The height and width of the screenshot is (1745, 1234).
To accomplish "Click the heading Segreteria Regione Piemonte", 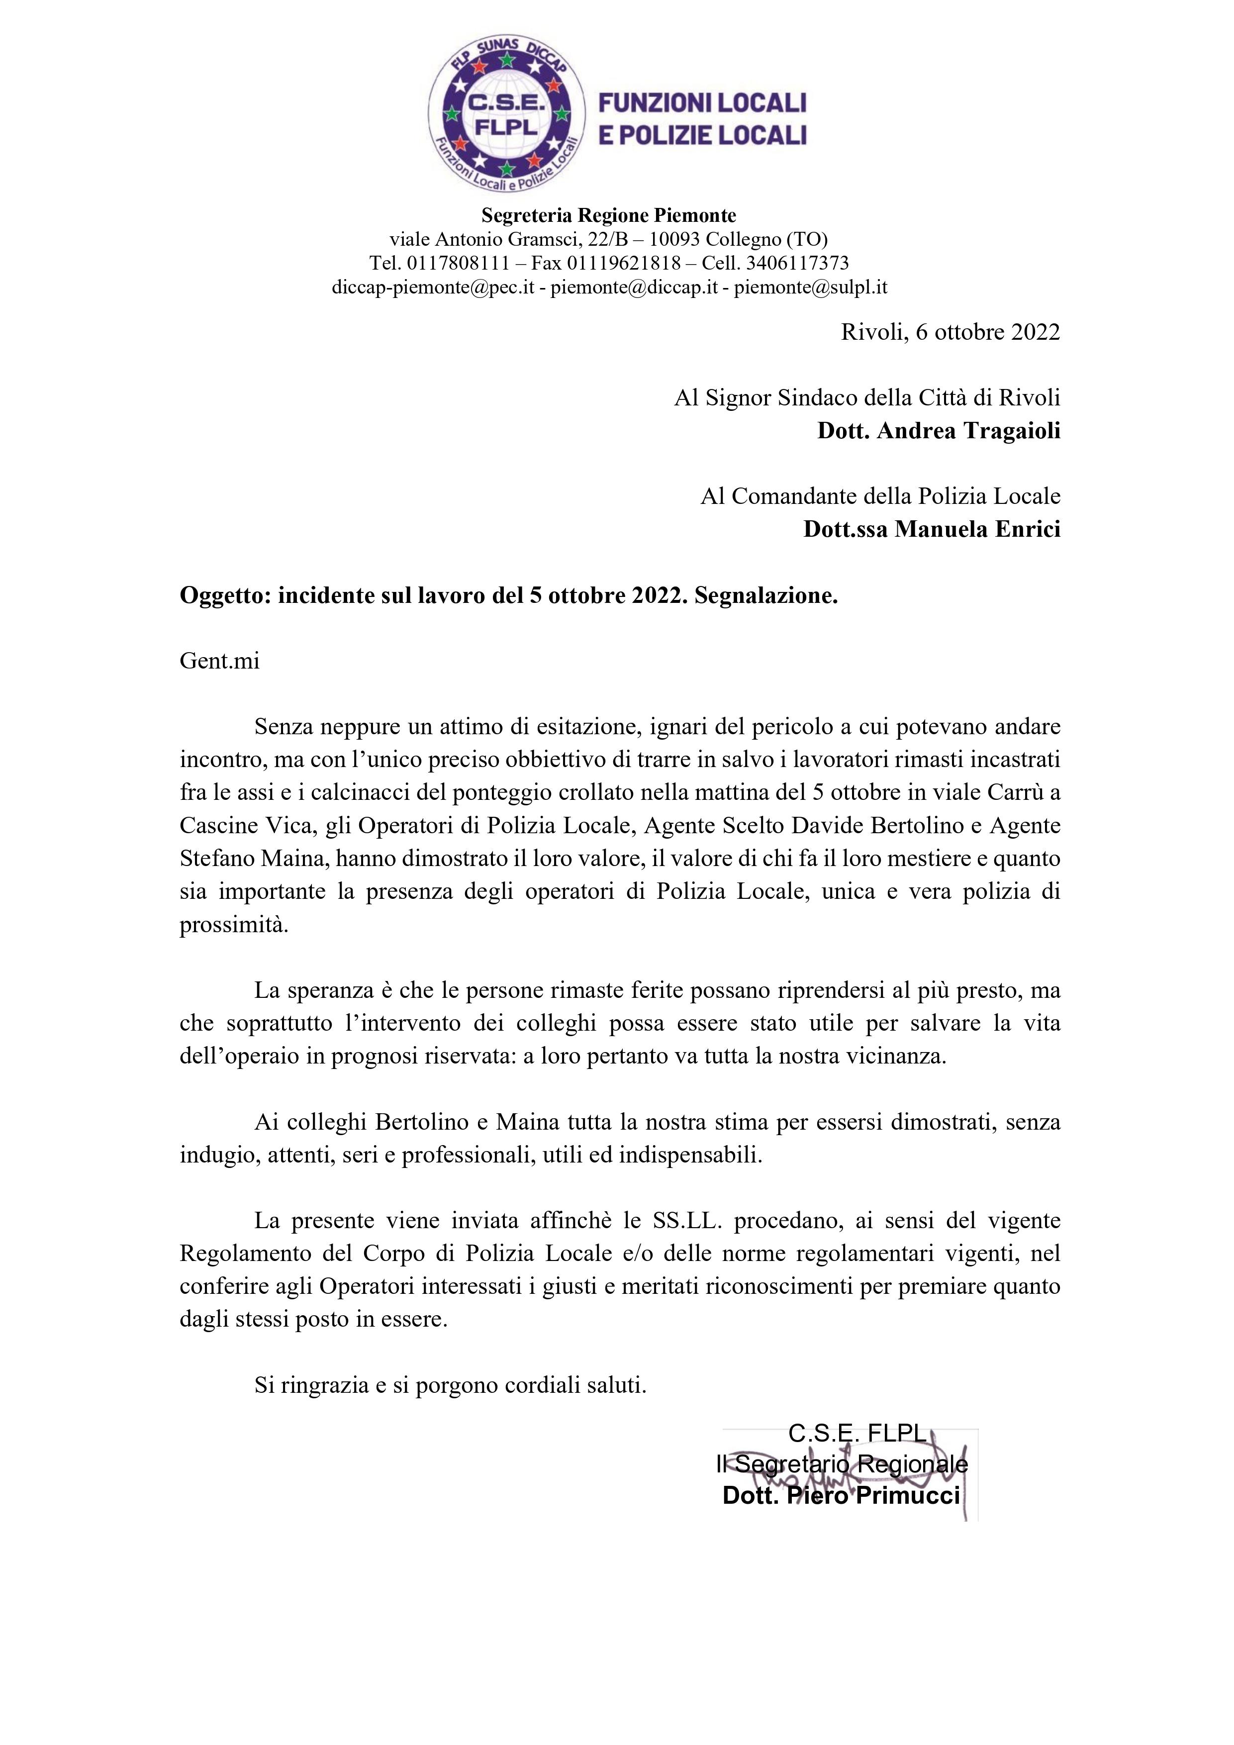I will click(x=609, y=216).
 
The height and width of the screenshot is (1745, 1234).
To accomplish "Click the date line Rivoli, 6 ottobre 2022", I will click(x=950, y=332).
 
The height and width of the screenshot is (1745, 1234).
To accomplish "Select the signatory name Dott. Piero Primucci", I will click(x=841, y=1496).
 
